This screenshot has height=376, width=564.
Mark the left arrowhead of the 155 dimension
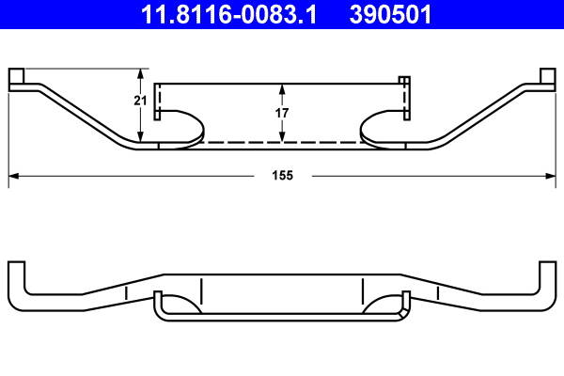pyautogui.click(x=12, y=176)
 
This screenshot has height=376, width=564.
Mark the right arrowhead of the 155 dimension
pyautogui.click(x=552, y=176)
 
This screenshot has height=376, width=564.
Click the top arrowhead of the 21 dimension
pyautogui.click(x=141, y=71)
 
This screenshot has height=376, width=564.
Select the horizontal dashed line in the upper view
pyautogui.click(x=282, y=143)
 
